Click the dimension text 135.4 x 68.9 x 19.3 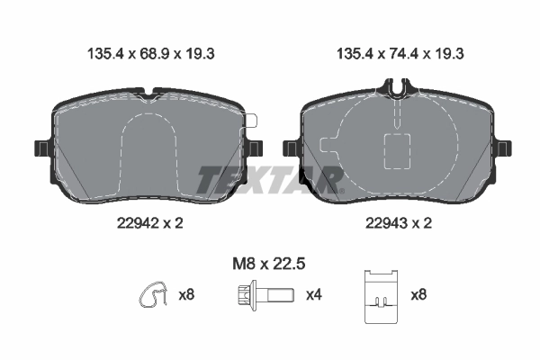tap(151, 54)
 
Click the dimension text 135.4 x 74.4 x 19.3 tap(400, 54)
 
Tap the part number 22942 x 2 tap(150, 223)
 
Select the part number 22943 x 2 tap(399, 223)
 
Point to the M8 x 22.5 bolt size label tap(269, 265)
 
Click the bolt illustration tap(265, 295)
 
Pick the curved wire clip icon tap(154, 295)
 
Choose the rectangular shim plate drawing tap(382, 297)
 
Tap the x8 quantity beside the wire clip tap(186, 295)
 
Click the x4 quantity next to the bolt tap(314, 295)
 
